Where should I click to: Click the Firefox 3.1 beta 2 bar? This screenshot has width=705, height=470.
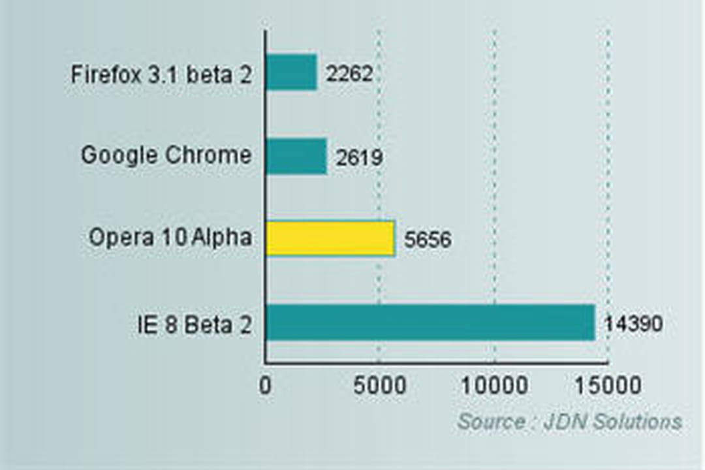pos(291,72)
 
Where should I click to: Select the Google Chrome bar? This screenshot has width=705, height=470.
pos(296,156)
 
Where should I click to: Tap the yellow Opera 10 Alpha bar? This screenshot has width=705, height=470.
pos(330,238)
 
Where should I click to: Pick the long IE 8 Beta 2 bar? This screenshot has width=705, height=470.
pos(430,322)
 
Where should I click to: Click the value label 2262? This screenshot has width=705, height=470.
pos(349,74)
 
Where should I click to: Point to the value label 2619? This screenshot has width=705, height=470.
pos(359,157)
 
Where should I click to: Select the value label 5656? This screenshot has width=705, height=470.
pos(428,240)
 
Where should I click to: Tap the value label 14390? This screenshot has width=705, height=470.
pos(633,323)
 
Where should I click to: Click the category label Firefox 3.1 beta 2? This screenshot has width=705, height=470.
pos(161,74)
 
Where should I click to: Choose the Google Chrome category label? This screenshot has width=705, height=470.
pos(166,156)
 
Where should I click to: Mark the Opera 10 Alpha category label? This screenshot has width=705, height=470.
pos(170,238)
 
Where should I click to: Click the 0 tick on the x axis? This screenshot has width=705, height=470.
pos(265,385)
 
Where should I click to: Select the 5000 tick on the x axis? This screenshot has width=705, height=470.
pos(379,385)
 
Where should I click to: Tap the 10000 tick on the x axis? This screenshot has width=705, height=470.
pos(494,385)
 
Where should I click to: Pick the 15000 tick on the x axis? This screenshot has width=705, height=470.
pos(608,385)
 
